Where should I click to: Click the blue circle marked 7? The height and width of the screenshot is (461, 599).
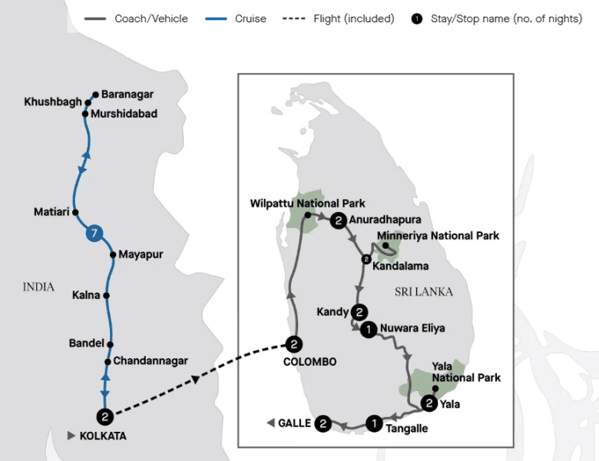click(x=94, y=233)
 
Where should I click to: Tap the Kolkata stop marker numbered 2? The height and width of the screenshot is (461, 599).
click(x=105, y=416)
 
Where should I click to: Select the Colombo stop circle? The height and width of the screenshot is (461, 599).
click(x=294, y=344)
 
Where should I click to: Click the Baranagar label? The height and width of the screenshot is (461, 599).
click(x=127, y=94)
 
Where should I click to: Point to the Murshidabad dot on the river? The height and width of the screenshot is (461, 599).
click(x=85, y=114)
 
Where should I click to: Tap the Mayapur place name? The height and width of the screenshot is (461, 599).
click(x=141, y=254)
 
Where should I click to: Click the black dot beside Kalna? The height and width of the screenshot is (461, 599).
click(x=106, y=296)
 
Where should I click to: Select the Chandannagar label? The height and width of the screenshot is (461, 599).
click(x=151, y=360)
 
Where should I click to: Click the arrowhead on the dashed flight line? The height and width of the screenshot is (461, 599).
click(x=195, y=380)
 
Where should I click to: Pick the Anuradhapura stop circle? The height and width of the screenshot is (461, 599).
click(x=338, y=221)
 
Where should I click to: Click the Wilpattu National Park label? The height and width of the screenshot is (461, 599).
click(x=307, y=203)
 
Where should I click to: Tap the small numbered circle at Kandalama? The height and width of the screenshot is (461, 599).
click(x=366, y=259)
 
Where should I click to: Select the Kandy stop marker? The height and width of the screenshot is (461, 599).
click(x=359, y=312)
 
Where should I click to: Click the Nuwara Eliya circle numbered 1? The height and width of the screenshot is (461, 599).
click(x=369, y=329)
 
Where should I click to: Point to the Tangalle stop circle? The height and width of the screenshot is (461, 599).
click(x=375, y=423)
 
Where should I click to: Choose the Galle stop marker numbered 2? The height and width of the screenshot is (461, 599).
click(x=323, y=423)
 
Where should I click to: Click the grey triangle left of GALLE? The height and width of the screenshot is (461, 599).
click(x=270, y=423)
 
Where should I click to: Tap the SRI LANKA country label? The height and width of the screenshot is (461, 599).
click(x=424, y=292)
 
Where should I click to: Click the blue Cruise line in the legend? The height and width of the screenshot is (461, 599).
click(x=216, y=18)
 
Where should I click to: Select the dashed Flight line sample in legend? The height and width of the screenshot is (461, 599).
click(x=294, y=18)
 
